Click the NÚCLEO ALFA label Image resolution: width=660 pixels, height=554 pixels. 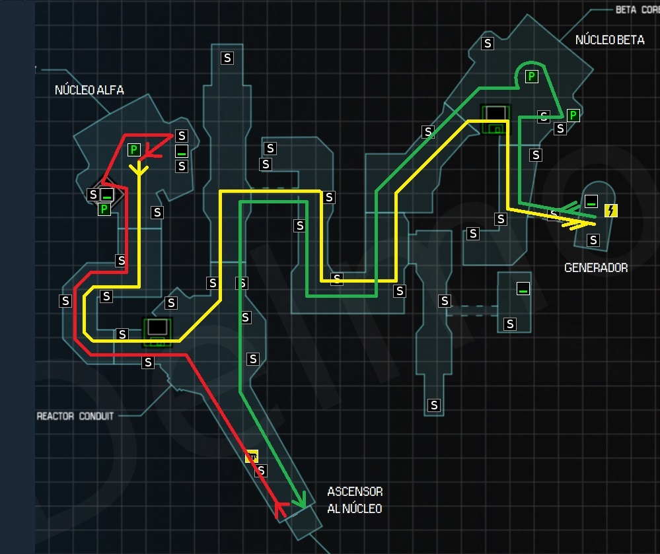(89, 90)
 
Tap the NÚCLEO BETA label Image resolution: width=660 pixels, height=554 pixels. (609, 40)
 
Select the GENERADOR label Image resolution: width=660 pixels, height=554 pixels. (596, 267)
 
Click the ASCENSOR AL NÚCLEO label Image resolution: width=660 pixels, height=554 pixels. (355, 500)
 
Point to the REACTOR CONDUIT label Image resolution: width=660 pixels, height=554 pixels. (75, 416)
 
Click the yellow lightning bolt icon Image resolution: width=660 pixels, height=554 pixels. (611, 211)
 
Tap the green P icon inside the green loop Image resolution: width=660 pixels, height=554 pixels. (531, 77)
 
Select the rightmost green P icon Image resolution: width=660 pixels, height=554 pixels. (573, 116)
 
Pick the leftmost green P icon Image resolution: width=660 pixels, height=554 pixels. (104, 209)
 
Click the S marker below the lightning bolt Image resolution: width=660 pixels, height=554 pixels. (593, 240)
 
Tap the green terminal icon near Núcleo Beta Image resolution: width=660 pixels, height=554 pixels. (495, 119)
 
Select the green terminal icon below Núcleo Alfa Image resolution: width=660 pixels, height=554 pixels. (157, 331)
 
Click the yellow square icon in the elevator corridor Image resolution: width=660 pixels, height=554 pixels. (252, 456)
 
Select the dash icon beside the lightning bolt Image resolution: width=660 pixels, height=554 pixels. (591, 201)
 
